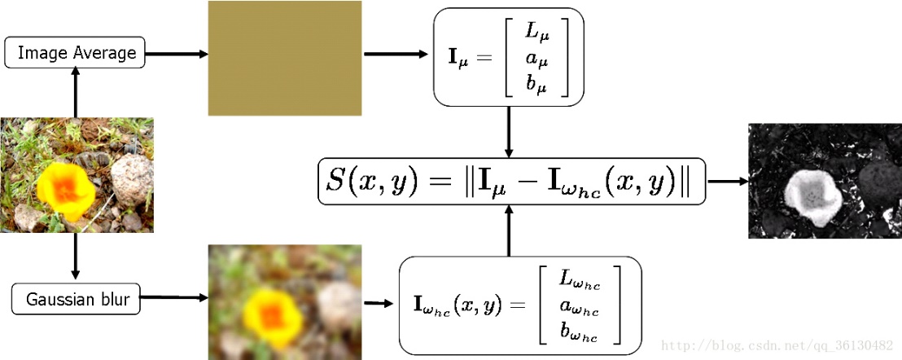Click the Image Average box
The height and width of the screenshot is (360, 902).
(x=75, y=53)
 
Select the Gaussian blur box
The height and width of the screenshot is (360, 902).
(x=76, y=299)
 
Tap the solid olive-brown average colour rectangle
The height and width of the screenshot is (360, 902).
(x=285, y=58)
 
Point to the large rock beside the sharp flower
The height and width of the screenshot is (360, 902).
(x=132, y=180)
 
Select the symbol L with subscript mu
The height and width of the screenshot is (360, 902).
(x=536, y=33)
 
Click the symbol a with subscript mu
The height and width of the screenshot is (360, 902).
(x=537, y=59)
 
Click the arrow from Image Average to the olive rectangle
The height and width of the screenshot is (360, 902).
(x=177, y=54)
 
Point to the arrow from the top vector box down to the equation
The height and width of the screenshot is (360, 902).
(x=509, y=132)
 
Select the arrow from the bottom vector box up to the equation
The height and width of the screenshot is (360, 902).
(x=509, y=230)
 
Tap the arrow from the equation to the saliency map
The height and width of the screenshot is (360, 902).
(x=728, y=181)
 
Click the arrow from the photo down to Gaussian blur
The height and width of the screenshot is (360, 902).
(x=75, y=257)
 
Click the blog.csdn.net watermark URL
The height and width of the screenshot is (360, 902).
(x=777, y=346)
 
